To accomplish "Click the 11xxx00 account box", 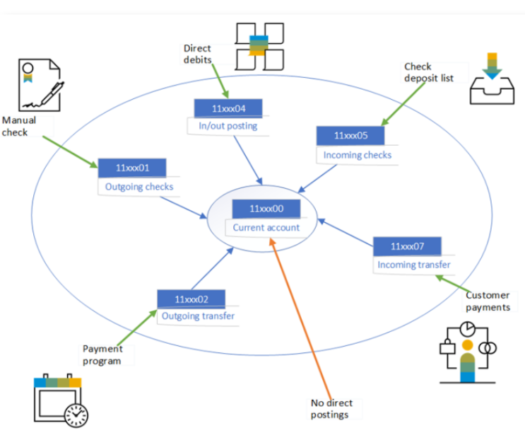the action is click(266, 209).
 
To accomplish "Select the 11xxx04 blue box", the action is click(228, 108).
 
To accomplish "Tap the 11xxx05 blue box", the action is click(350, 135).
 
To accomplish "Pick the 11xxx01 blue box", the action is click(132, 168).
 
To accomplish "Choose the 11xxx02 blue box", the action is click(191, 299).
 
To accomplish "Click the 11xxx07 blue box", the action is click(407, 246).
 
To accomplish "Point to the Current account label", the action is click(266, 228).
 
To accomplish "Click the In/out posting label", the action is click(228, 126).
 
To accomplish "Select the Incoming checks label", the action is click(358, 155).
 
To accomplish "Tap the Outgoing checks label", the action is click(139, 187).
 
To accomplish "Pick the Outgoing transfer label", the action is click(199, 316).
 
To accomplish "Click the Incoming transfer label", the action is click(414, 265).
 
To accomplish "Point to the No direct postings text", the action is click(331, 408).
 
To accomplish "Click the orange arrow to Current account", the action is click(300, 318).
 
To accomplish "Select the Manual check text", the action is click(19, 126).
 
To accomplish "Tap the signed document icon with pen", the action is click(41, 85).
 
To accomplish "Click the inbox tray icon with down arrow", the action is click(492, 79).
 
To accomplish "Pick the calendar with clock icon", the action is click(61, 400).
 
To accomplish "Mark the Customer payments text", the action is click(488, 301).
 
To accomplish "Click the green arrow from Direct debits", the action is click(220, 81).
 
